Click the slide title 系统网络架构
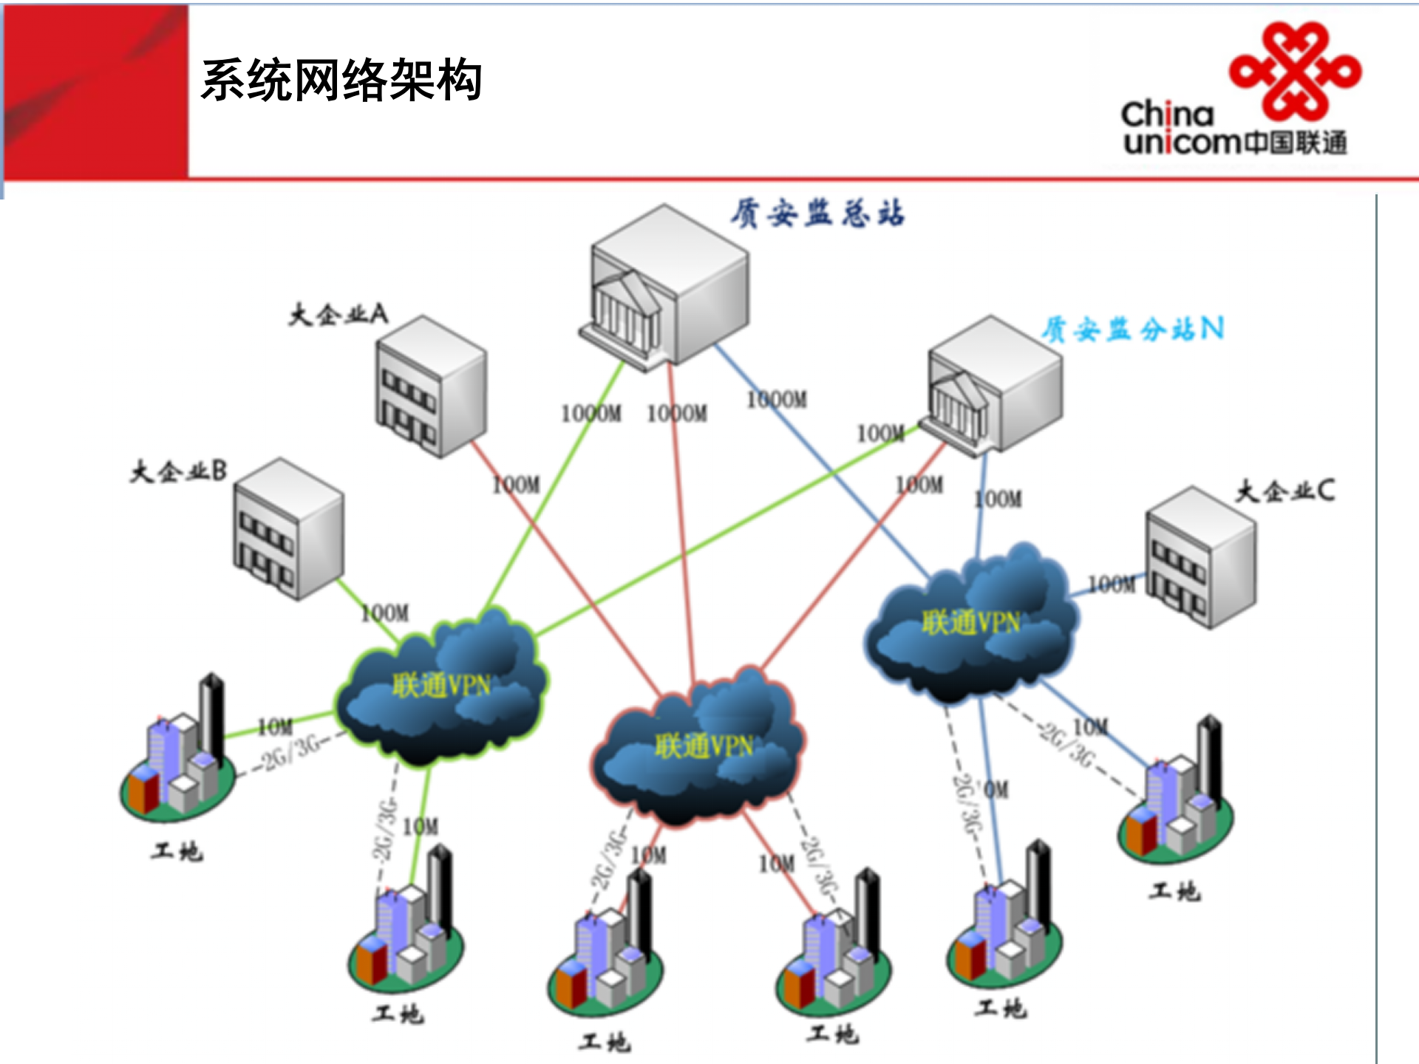[341, 80]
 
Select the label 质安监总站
[817, 214]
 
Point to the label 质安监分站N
[1133, 329]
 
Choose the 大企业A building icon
[431, 386]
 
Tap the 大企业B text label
[178, 471]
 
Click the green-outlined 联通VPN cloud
[441, 687]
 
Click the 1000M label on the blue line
[777, 400]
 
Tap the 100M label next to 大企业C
[1112, 584]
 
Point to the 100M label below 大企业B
[385, 613]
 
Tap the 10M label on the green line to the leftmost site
[275, 727]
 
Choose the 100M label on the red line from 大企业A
[517, 485]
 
